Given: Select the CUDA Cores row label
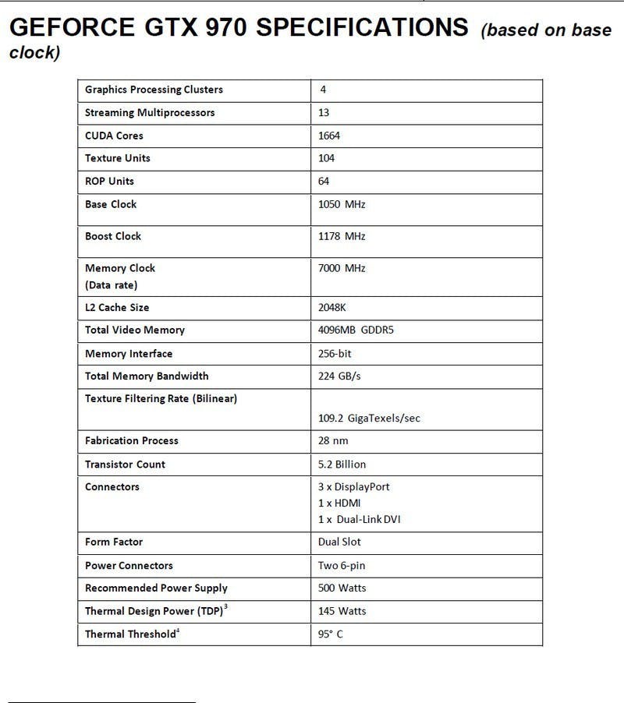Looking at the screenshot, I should tap(114, 136).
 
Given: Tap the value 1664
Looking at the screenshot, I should tap(329, 136).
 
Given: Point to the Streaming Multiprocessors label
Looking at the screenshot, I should tap(150, 113).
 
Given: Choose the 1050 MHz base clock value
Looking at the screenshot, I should tap(342, 204).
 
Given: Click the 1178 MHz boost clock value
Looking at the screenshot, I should tap(342, 236).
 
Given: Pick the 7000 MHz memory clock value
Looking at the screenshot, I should tap(342, 268).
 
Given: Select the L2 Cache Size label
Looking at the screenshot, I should tap(117, 308).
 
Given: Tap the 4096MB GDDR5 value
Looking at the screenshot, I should tap(356, 330).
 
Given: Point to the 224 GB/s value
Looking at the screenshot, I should tap(339, 376).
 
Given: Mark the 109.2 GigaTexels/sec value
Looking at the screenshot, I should tap(369, 419).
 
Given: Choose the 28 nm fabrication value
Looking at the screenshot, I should tap(333, 441).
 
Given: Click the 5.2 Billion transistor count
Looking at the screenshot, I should tap(342, 465).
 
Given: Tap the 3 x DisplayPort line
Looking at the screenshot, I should tap(353, 487).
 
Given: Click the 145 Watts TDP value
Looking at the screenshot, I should tap(342, 611).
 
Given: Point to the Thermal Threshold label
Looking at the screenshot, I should tap(131, 634).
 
